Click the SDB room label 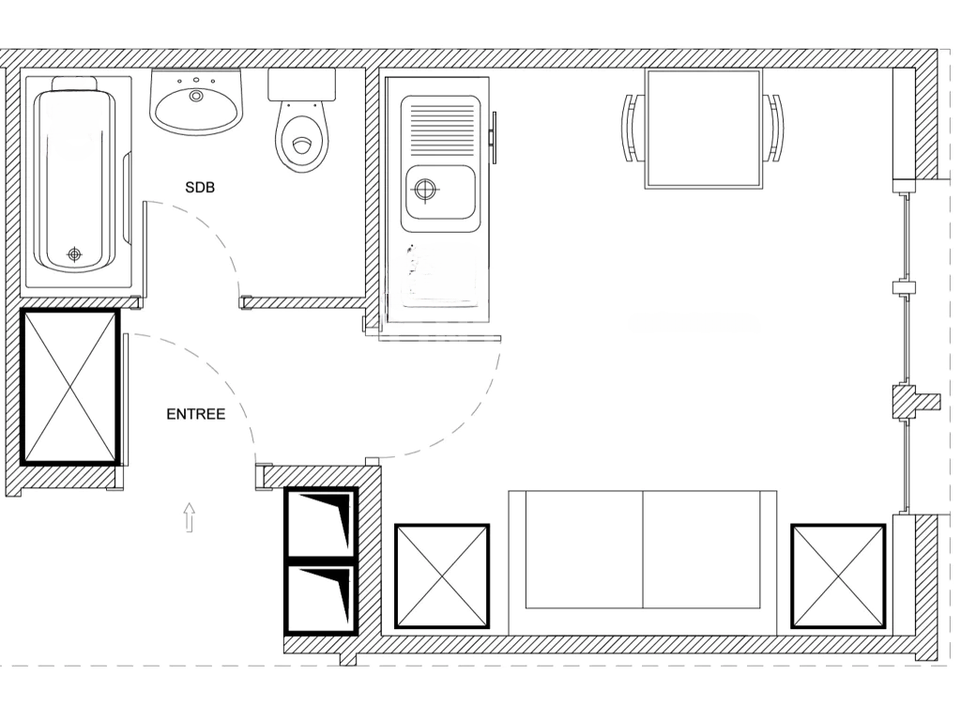coord(199,188)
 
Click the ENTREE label coord(195,414)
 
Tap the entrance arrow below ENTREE coord(189,517)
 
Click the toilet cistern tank coord(301,84)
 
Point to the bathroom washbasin coord(197,103)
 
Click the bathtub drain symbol coord(74,253)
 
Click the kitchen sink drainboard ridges coord(441,122)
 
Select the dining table coord(702,129)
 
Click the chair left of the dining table coord(631,128)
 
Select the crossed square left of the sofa coord(442,575)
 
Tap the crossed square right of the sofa coord(838,575)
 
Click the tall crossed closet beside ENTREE coord(70,387)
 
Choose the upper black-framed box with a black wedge coord(322,522)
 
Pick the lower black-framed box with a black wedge coord(322,597)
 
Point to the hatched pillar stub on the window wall coord(915,402)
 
